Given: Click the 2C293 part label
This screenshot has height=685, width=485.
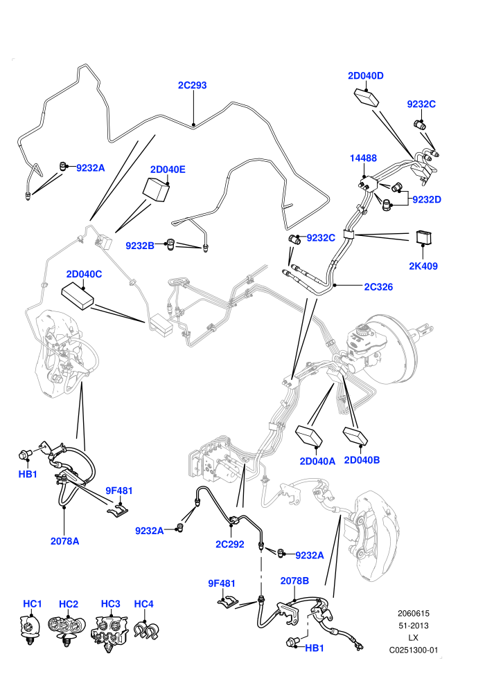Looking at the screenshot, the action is click(x=192, y=85).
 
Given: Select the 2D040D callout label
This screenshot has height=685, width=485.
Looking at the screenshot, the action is click(x=366, y=75).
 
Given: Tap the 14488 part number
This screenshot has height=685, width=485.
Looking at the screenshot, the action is click(x=363, y=158).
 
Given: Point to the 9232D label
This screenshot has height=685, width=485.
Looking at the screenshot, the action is click(x=427, y=200).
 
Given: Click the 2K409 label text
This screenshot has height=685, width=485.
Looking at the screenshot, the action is click(x=423, y=266).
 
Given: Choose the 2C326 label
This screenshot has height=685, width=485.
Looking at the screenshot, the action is click(x=379, y=287).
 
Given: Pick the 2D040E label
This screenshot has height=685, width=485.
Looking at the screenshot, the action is click(x=168, y=170).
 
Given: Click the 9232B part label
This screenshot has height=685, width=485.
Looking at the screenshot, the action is click(x=140, y=246).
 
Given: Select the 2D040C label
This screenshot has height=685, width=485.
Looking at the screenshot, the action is click(x=84, y=275).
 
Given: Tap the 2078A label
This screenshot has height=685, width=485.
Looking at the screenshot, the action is click(x=64, y=541).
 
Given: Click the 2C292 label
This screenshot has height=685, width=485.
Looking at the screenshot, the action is click(x=229, y=545).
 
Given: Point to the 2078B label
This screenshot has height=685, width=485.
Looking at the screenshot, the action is click(x=294, y=581).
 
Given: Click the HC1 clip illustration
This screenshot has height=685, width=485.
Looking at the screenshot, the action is click(x=30, y=629).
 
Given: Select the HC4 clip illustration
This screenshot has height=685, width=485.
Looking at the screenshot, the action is click(x=146, y=630).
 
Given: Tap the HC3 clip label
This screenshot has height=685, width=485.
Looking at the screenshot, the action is click(x=111, y=604).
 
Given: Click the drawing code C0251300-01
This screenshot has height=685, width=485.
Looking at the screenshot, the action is click(x=413, y=650).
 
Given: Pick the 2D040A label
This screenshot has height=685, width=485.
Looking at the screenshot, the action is click(x=317, y=462).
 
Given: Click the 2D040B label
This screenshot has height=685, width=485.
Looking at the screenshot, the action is click(x=362, y=460).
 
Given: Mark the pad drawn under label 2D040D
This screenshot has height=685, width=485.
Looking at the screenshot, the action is click(x=366, y=98).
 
